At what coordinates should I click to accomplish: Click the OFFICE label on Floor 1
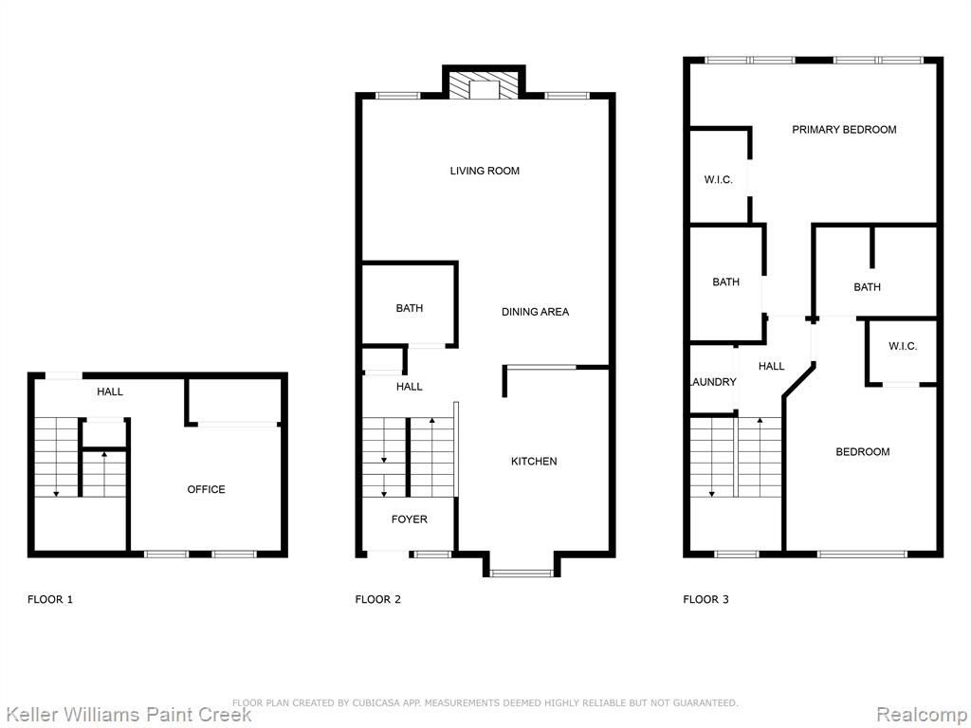coord(206,489)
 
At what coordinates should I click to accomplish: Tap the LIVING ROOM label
coord(485,171)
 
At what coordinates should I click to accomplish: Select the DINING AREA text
coord(535,312)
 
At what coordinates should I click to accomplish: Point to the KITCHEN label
coord(534,462)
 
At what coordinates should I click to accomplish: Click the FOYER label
coord(410,519)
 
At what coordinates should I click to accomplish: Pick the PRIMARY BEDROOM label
coord(844,129)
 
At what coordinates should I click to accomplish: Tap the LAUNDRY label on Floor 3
coord(713,382)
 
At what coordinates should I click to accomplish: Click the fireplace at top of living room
coord(484,85)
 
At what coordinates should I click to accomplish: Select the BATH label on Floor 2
coord(410,308)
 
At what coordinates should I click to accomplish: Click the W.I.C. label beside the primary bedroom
coord(719,180)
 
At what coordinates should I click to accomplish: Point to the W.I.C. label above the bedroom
coord(903,346)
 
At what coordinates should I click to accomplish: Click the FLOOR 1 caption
coord(50,599)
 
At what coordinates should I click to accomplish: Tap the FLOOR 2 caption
coord(377,599)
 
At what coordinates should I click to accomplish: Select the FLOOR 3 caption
coord(705,599)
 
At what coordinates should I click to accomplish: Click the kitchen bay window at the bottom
coord(522,573)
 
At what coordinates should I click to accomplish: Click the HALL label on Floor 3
coord(772,367)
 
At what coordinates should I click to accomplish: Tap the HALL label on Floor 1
coord(110,391)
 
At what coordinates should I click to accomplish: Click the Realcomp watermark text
coord(922,715)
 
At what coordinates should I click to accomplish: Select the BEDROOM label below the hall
coord(863,452)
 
